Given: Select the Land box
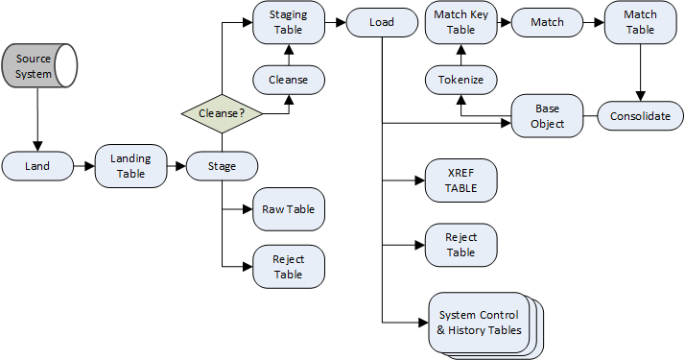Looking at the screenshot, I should [38, 166].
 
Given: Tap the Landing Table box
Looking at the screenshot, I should [130, 166].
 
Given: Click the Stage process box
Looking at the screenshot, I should [222, 166].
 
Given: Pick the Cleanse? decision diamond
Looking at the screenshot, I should [222, 113].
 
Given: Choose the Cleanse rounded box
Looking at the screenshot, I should [289, 80].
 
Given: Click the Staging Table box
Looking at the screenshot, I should [289, 23].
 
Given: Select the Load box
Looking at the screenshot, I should [382, 23].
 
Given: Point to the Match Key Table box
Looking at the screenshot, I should [461, 23].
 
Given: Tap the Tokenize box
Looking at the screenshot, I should [461, 80].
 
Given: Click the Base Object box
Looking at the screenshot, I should [547, 116].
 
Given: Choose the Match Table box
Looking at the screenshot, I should [640, 23].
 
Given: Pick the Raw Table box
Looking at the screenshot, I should [289, 208].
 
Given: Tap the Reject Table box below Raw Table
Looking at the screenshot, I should [289, 266].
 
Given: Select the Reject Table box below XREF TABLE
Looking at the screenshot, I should [461, 245].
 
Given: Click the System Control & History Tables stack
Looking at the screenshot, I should [479, 323].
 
